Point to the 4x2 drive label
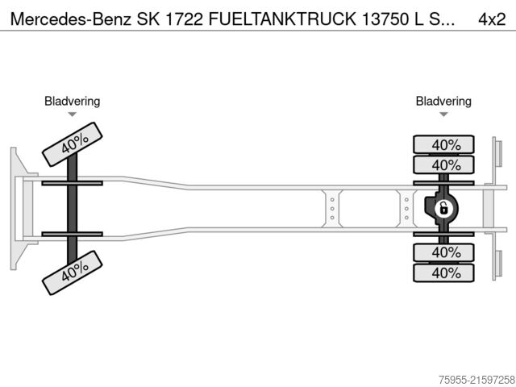(491, 17)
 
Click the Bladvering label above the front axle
(72, 101)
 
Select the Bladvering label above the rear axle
(443, 101)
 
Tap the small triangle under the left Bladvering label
(72, 114)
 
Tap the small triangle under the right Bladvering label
(443, 114)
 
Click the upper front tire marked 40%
(73, 144)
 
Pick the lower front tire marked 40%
(73, 272)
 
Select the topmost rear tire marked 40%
(444, 145)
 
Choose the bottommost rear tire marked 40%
(444, 273)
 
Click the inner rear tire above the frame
(444, 165)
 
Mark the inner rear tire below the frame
(444, 253)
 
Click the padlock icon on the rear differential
(443, 209)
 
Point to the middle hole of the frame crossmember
(331, 209)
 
